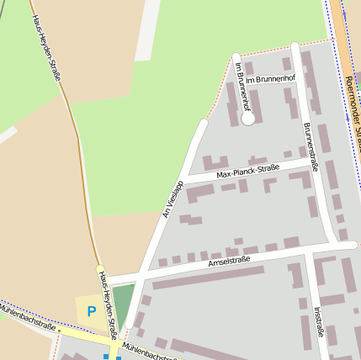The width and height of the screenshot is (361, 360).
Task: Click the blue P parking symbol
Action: [92, 311]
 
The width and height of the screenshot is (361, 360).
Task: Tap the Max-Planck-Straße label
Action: [247, 172]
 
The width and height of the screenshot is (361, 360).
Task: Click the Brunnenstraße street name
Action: [311, 146]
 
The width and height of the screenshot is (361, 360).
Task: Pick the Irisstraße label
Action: [319, 321]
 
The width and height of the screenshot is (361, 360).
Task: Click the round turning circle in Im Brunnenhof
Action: [247, 119]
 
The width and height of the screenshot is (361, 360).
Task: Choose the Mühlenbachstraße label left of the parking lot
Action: [29, 319]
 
